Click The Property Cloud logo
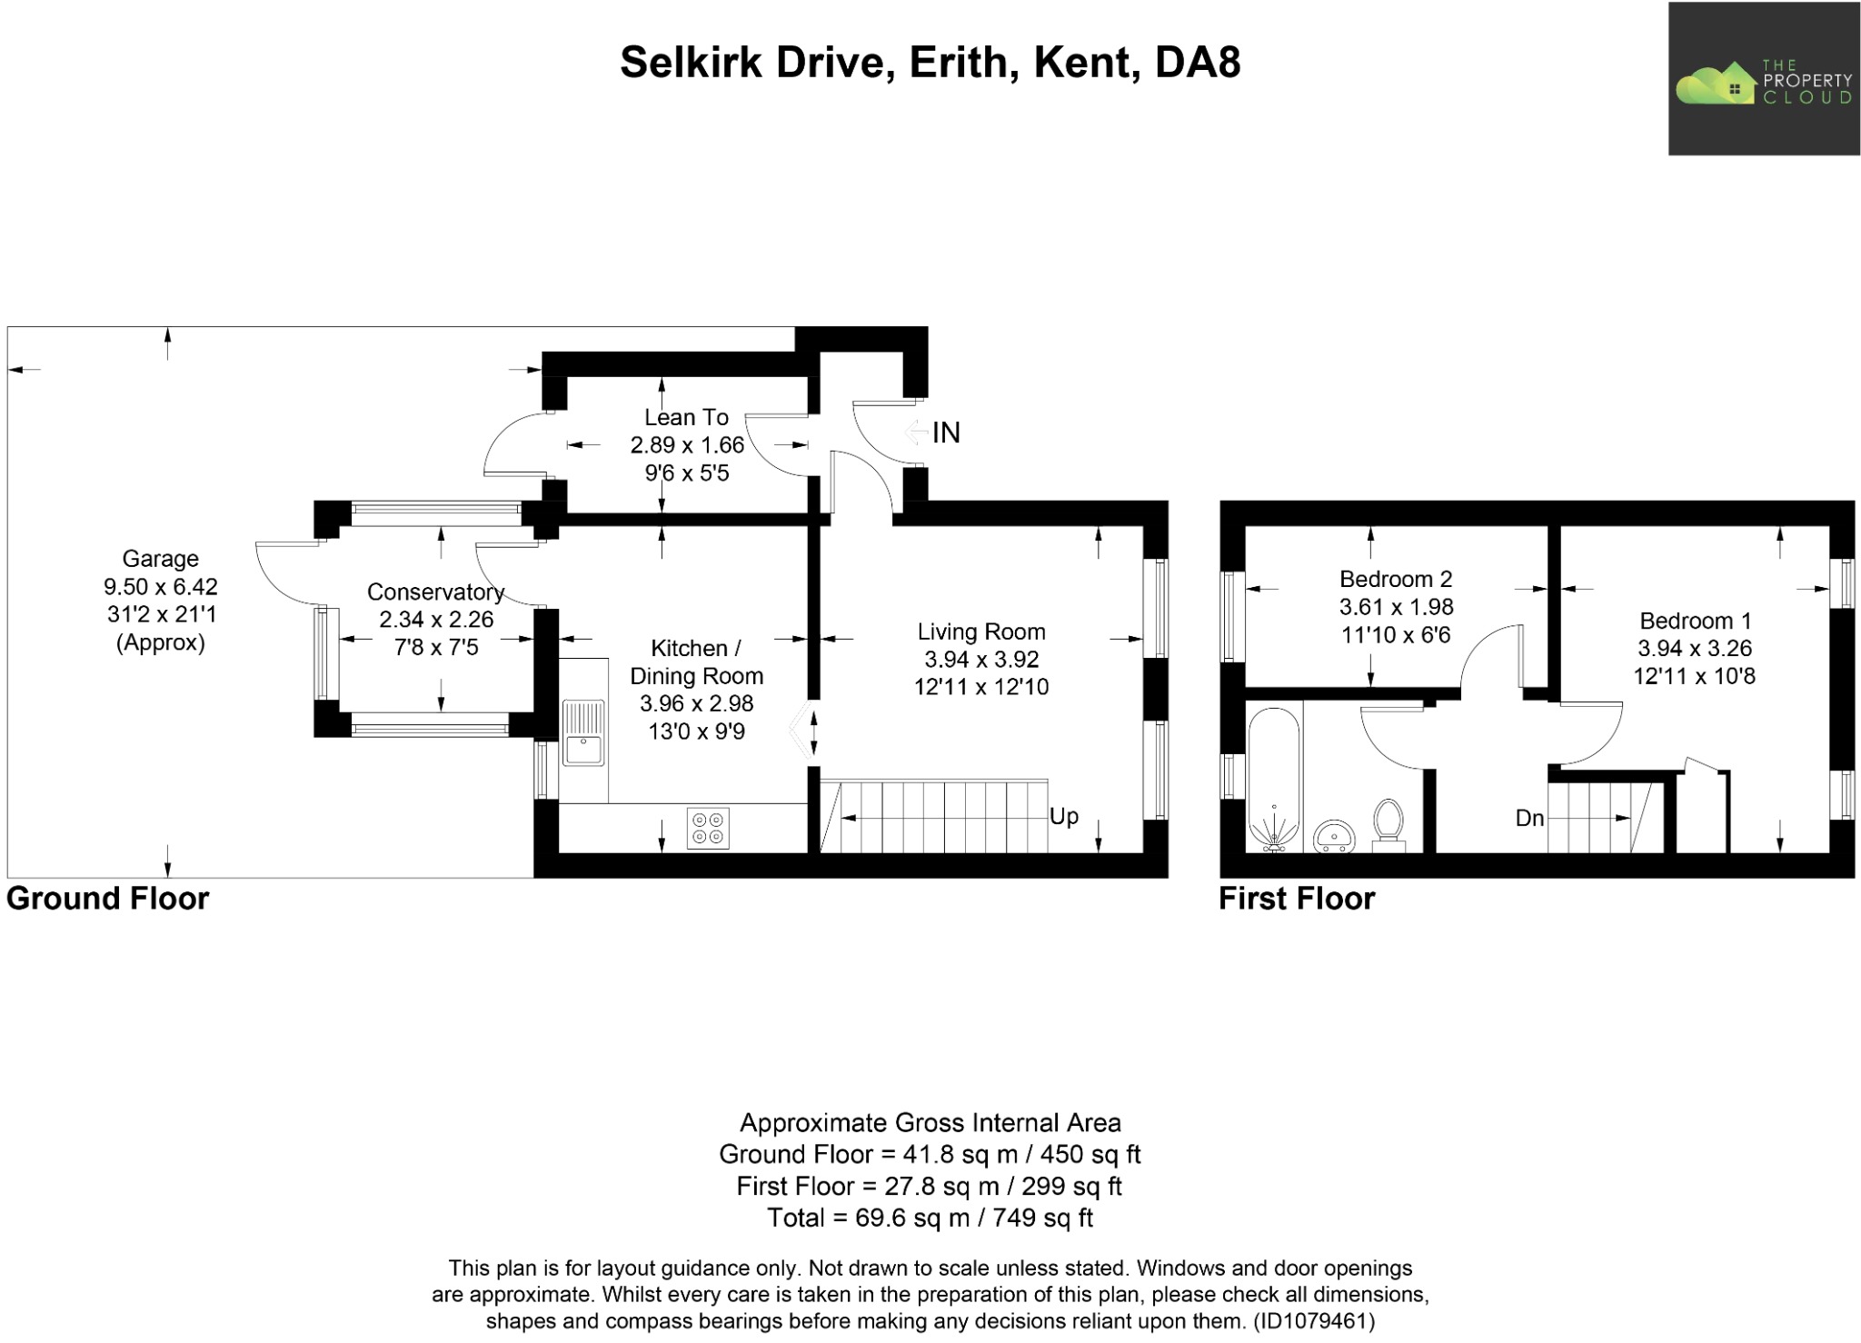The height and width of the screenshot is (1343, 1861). (1763, 79)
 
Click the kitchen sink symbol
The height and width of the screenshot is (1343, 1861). (582, 734)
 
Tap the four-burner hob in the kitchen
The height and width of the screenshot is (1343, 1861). (708, 828)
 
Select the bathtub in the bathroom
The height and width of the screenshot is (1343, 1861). (1274, 781)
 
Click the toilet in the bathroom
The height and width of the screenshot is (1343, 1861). (1388, 823)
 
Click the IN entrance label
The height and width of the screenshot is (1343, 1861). (945, 433)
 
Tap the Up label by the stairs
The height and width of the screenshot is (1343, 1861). (1063, 816)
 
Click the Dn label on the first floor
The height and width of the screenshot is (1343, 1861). (1529, 819)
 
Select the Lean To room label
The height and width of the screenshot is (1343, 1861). (686, 417)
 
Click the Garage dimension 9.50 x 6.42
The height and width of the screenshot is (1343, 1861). (161, 587)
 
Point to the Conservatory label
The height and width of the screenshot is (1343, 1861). (435, 592)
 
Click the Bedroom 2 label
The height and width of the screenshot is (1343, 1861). (1396, 579)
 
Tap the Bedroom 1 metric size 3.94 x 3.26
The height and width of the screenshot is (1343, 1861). (1694, 649)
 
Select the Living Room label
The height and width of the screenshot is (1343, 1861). (980, 632)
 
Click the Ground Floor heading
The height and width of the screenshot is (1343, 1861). (107, 899)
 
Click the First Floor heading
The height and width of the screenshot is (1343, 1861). (1296, 899)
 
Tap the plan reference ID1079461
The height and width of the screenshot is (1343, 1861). (1313, 1321)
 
